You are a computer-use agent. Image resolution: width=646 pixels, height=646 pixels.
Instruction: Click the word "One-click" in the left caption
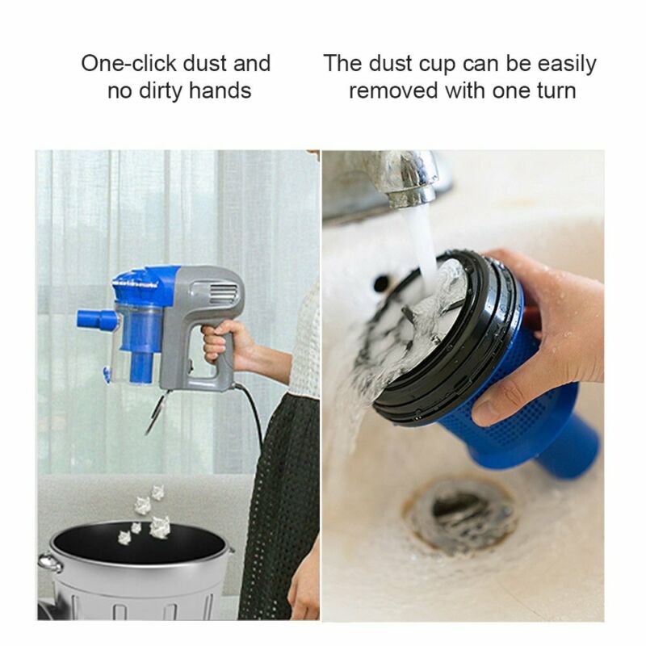(129, 64)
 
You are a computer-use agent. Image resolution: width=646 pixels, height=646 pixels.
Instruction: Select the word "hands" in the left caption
(220, 90)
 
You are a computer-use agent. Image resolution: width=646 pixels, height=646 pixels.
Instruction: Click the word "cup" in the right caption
(437, 65)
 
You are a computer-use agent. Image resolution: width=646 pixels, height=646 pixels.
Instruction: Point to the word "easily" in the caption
(567, 64)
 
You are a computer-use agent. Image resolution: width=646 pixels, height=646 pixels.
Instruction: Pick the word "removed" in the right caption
(393, 91)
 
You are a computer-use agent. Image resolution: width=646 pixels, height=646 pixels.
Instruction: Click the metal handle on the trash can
(50, 562)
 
